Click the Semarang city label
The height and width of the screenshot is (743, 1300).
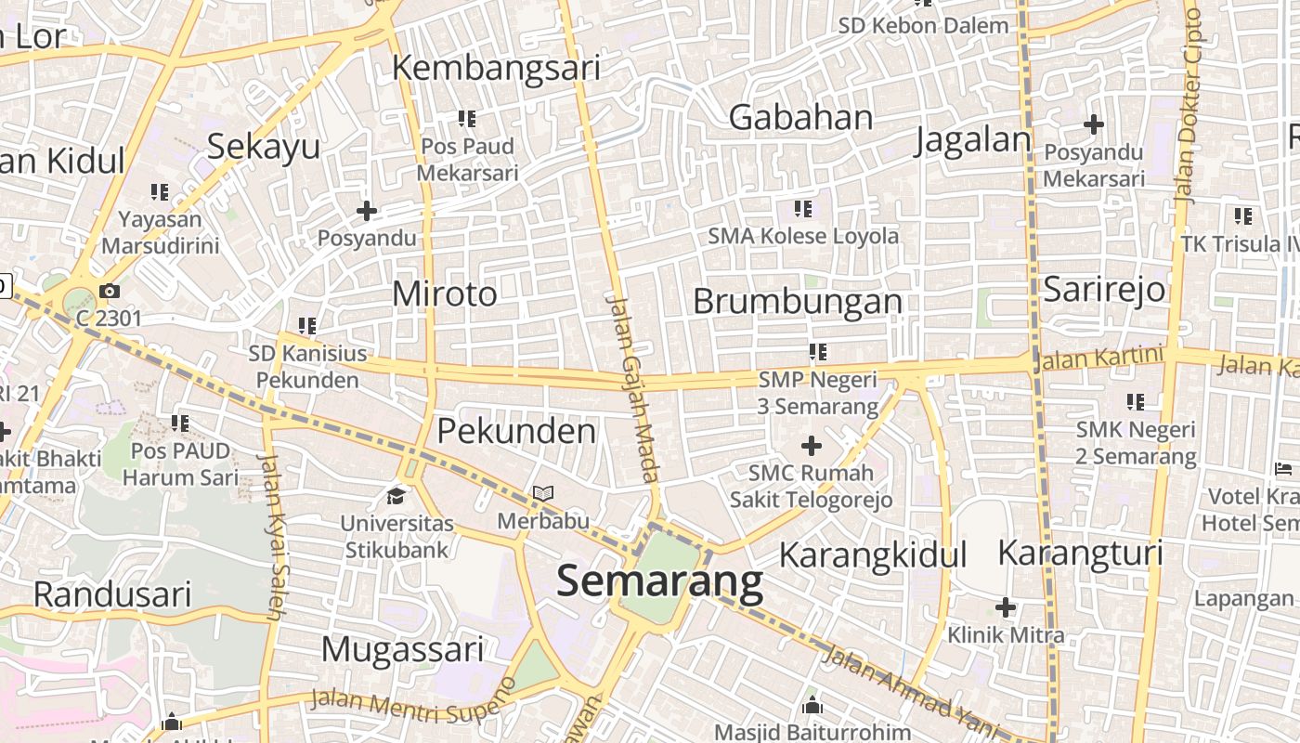pyautogui.click(x=659, y=581)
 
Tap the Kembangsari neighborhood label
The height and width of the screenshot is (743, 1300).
pyautogui.click(x=496, y=68)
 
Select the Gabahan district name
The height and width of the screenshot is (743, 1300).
pyautogui.click(x=800, y=118)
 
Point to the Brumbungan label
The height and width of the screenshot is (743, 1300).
pyautogui.click(x=798, y=302)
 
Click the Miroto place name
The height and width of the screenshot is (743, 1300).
pyautogui.click(x=445, y=294)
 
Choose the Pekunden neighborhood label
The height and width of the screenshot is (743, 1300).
pyautogui.click(x=516, y=431)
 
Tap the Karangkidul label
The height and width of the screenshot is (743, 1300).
pyautogui.click(x=872, y=555)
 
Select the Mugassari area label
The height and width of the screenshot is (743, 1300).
pyautogui.click(x=402, y=649)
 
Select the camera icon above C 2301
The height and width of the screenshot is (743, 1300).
pyautogui.click(x=110, y=292)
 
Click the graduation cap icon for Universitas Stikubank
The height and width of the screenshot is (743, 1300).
pyautogui.click(x=396, y=495)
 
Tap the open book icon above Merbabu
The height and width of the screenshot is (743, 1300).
pyautogui.click(x=543, y=493)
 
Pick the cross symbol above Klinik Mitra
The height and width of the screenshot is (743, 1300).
pyautogui.click(x=1005, y=608)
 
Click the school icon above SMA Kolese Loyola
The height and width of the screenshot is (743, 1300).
pyautogui.click(x=803, y=209)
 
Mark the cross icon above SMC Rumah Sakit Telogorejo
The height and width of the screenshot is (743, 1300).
pyautogui.click(x=812, y=446)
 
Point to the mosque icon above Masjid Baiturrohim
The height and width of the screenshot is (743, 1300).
pyautogui.click(x=812, y=705)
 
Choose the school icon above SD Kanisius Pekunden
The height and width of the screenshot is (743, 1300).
pyautogui.click(x=307, y=325)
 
